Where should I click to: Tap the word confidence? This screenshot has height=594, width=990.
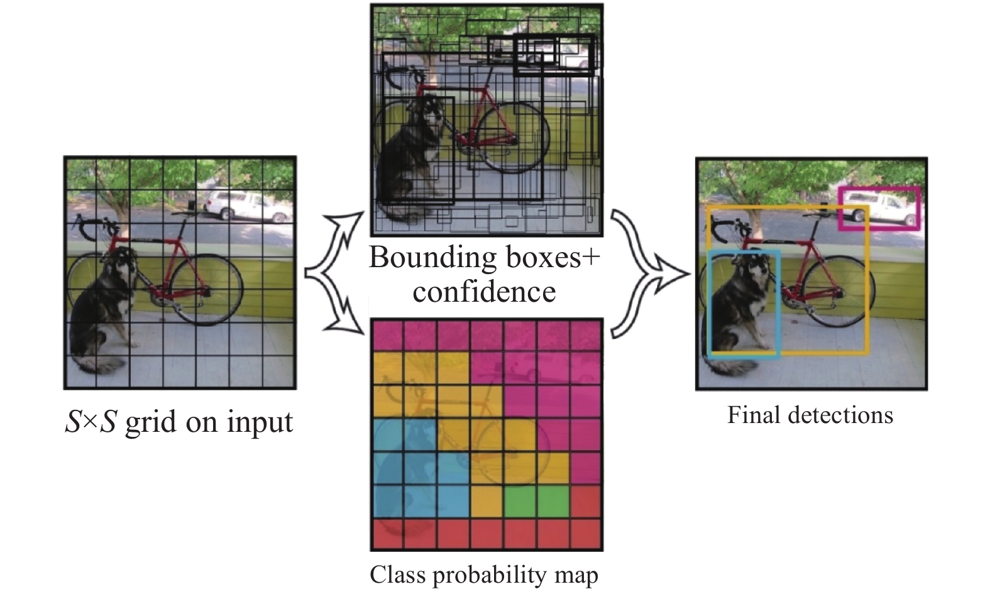click(x=484, y=291)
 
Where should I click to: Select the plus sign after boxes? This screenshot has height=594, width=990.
click(x=590, y=257)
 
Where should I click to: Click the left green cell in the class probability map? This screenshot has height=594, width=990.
click(x=519, y=502)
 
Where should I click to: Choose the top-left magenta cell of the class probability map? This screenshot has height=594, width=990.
click(x=388, y=336)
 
